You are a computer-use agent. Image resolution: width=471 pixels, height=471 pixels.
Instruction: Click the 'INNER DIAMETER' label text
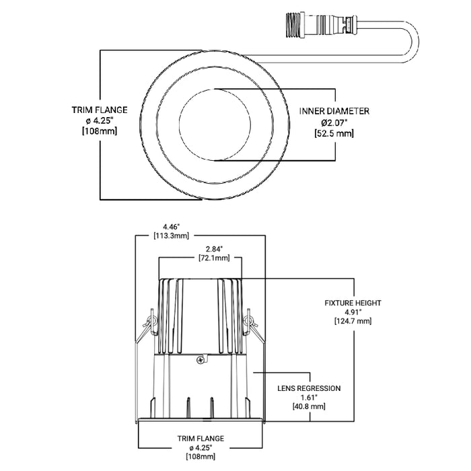tap(334, 111)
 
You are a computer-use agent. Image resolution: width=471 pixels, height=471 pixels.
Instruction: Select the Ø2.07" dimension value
tap(334, 122)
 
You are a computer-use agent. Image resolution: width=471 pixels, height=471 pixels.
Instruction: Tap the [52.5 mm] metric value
tap(334, 134)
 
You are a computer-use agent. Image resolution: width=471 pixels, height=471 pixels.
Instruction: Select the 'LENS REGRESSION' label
tap(310, 388)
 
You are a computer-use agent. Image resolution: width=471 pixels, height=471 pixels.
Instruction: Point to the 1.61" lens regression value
tap(310, 398)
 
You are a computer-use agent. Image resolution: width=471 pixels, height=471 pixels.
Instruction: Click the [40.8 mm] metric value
tap(310, 407)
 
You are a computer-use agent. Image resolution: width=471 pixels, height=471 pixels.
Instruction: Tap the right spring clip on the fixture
tap(250, 324)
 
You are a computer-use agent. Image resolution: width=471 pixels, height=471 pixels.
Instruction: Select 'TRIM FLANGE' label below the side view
tap(201, 438)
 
